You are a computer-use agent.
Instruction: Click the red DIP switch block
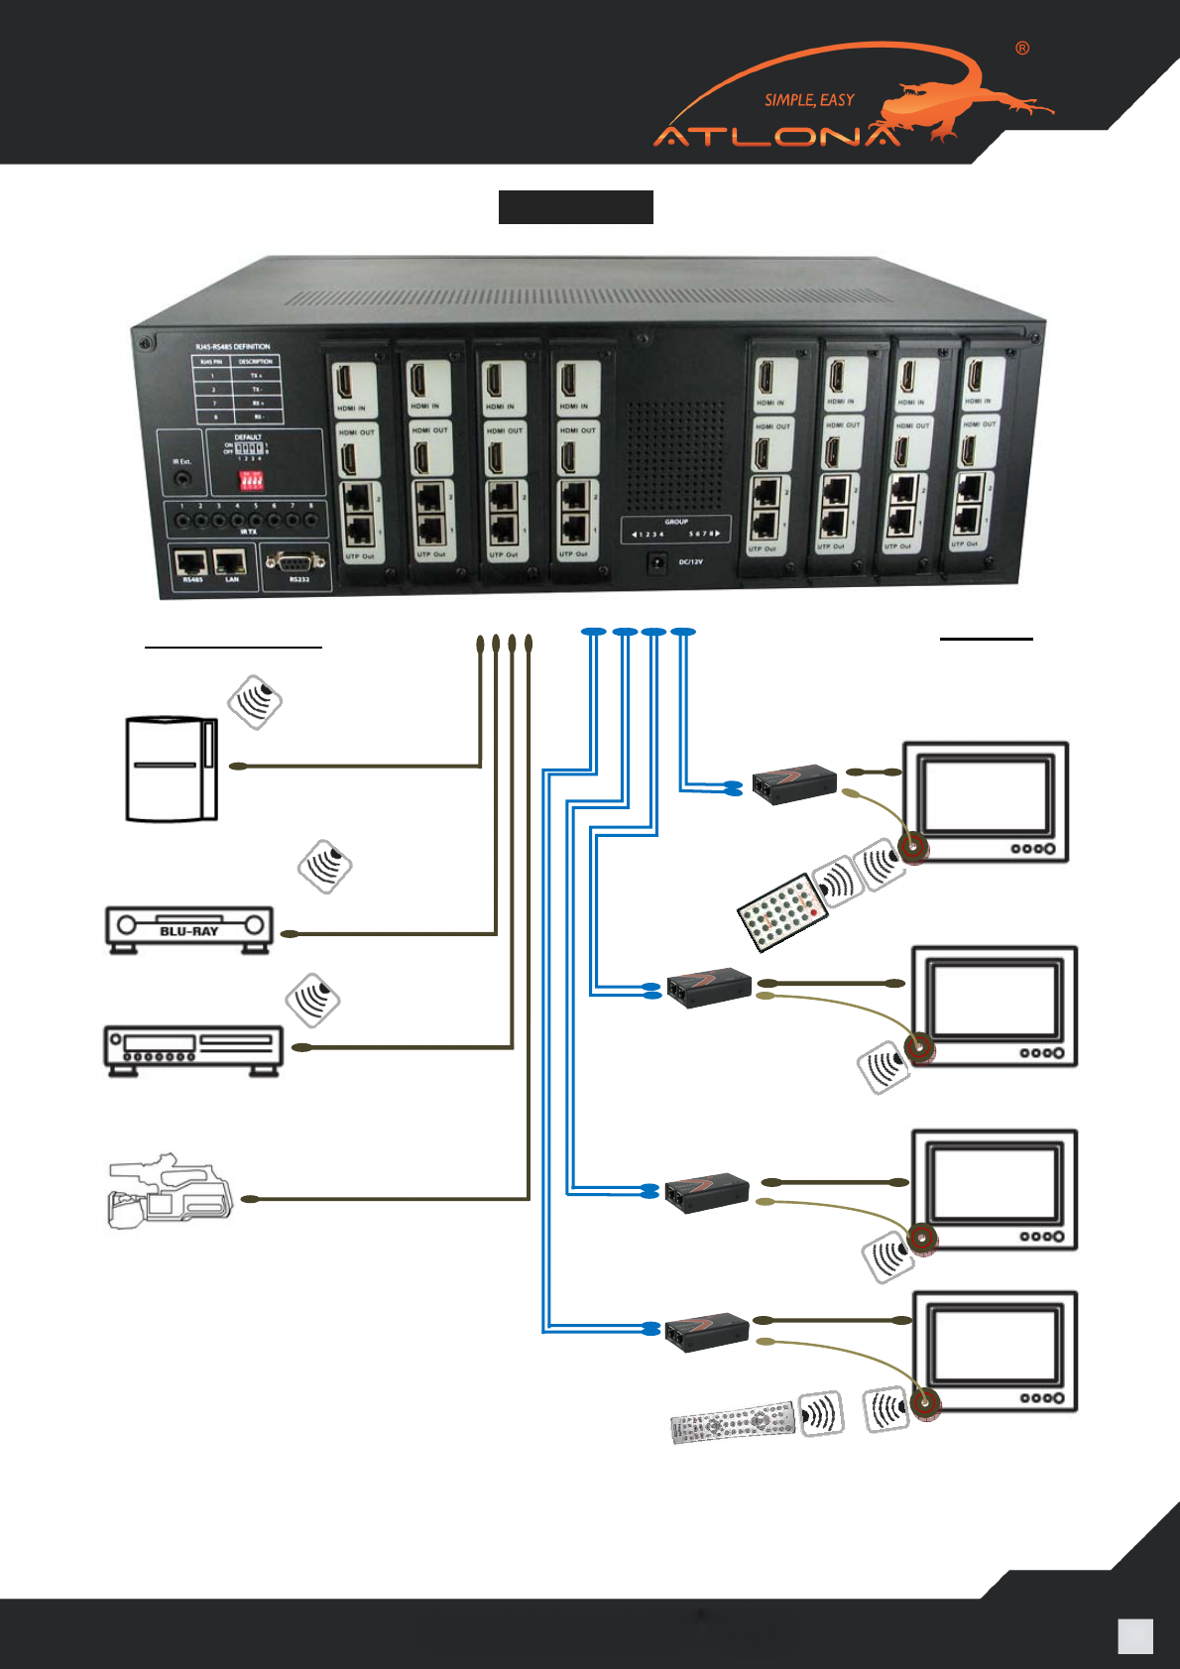click(252, 481)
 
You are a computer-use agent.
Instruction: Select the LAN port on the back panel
click(231, 563)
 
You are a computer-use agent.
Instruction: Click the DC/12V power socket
click(655, 563)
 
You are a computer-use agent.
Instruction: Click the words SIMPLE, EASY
click(809, 100)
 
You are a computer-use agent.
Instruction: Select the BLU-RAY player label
click(189, 931)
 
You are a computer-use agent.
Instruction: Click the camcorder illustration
click(169, 1191)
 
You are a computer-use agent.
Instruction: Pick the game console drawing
click(171, 770)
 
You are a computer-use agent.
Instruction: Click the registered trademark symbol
click(1022, 49)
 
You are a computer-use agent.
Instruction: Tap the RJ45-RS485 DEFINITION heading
click(232, 347)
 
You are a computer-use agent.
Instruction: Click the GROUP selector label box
click(676, 529)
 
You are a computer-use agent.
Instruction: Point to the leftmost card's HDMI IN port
click(352, 383)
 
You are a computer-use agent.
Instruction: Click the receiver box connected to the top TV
click(793, 782)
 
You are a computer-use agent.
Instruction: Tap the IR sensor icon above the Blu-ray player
click(325, 867)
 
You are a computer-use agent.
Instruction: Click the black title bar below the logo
click(575, 207)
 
